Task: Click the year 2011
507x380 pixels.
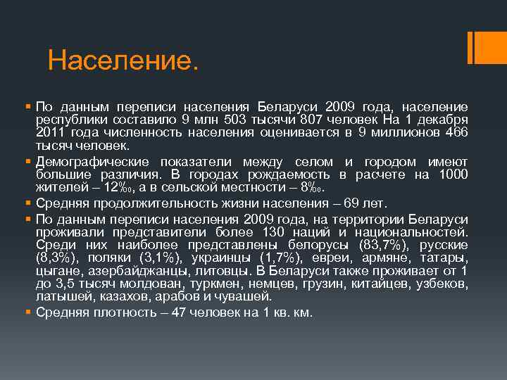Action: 51,133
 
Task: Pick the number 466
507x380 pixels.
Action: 453,133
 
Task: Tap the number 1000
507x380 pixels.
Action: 451,175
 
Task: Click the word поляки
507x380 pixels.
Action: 106,258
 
